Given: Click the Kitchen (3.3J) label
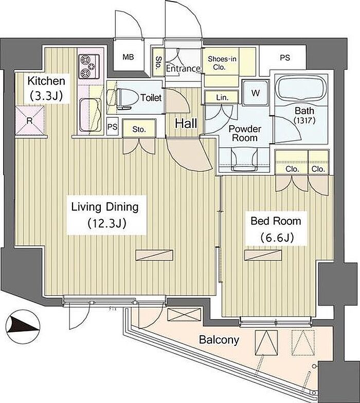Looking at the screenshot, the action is point(46,89).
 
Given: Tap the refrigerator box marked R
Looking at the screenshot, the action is point(30,120).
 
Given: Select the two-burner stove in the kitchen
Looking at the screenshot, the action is point(89,67).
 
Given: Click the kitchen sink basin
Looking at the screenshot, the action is point(90,115).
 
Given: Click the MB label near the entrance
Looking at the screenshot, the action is point(128,57).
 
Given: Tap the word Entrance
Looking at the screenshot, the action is point(183,68).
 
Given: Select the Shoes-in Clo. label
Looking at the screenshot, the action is point(222,63).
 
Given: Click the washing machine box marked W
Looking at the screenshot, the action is point(256,93).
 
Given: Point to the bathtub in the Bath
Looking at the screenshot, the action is point(301,90).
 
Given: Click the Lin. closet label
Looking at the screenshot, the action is point(222,97).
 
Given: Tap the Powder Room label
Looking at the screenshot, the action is point(245,133).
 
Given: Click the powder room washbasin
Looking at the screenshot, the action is point(244,159).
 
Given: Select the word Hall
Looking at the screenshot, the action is point(186,124).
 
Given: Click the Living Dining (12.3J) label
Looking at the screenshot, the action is point(105,215).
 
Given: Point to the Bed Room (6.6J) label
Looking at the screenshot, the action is point(276,229).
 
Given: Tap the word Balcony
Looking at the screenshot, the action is point(219,340).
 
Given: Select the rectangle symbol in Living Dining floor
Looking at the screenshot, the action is point(154,255).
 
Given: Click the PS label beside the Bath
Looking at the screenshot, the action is point(285,57).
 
